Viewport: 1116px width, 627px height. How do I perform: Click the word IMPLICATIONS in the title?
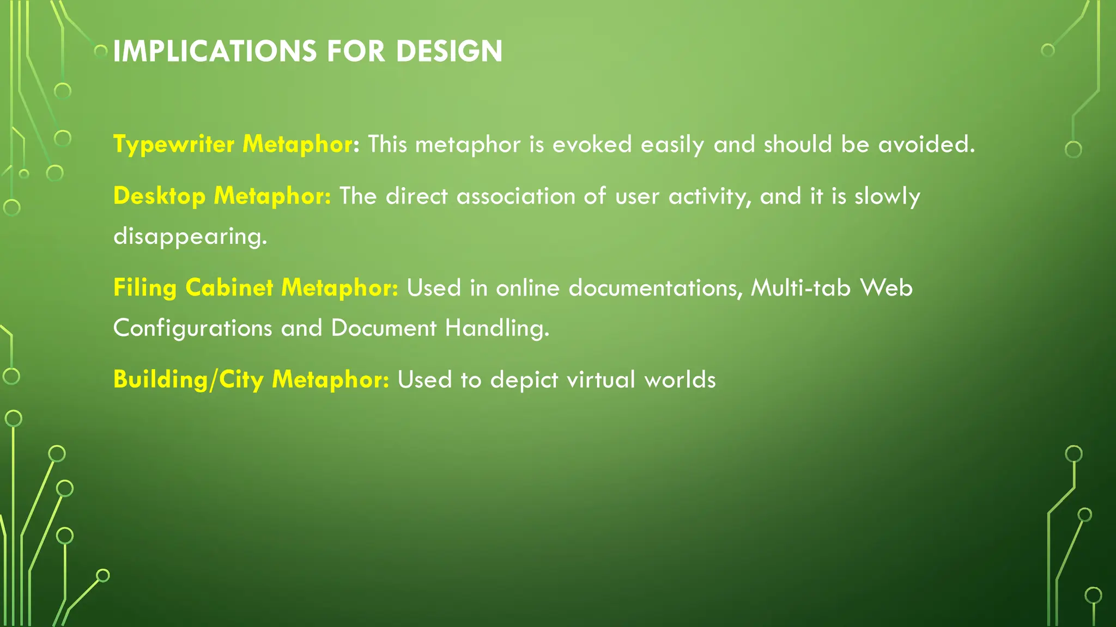point(215,52)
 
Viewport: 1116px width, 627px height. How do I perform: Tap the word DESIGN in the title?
point(449,52)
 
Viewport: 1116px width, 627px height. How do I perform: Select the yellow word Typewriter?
point(174,145)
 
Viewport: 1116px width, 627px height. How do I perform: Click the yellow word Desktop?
point(159,196)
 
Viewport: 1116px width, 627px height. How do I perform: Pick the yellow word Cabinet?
point(229,288)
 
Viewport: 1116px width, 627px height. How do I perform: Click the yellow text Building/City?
point(189,380)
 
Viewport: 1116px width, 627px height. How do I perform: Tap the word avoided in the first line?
point(926,145)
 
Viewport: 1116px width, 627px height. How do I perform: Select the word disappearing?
point(190,237)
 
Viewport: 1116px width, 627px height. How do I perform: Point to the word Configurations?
point(192,328)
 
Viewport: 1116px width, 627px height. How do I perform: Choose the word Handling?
point(497,328)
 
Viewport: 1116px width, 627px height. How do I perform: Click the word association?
point(515,196)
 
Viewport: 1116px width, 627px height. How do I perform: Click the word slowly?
point(887,196)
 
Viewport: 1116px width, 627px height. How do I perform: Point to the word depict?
point(524,380)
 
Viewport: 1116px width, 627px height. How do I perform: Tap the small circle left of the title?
point(101,52)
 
